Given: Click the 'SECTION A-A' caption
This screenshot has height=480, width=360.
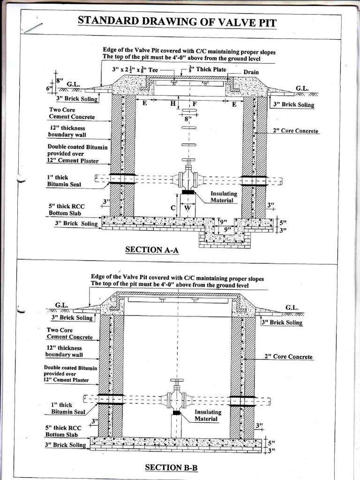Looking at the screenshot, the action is pyautogui.click(x=152, y=250).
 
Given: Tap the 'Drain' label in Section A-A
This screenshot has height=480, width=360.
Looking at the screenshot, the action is pyautogui.click(x=251, y=73).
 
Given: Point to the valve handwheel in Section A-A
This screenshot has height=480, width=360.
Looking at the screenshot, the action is pyautogui.click(x=188, y=161).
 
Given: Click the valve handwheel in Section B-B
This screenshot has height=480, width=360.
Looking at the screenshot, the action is pyautogui.click(x=177, y=381).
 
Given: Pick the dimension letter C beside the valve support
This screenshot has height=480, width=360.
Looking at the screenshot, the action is pyautogui.click(x=173, y=208).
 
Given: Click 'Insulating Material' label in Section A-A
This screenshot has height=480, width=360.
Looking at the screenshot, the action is pyautogui.click(x=224, y=197).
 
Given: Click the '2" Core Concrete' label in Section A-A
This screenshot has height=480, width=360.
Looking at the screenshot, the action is pyautogui.click(x=295, y=131).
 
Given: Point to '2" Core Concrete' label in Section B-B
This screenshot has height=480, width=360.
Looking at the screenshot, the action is pyautogui.click(x=288, y=357).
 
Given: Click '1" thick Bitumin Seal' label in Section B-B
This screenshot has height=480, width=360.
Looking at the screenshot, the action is pyautogui.click(x=67, y=408).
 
